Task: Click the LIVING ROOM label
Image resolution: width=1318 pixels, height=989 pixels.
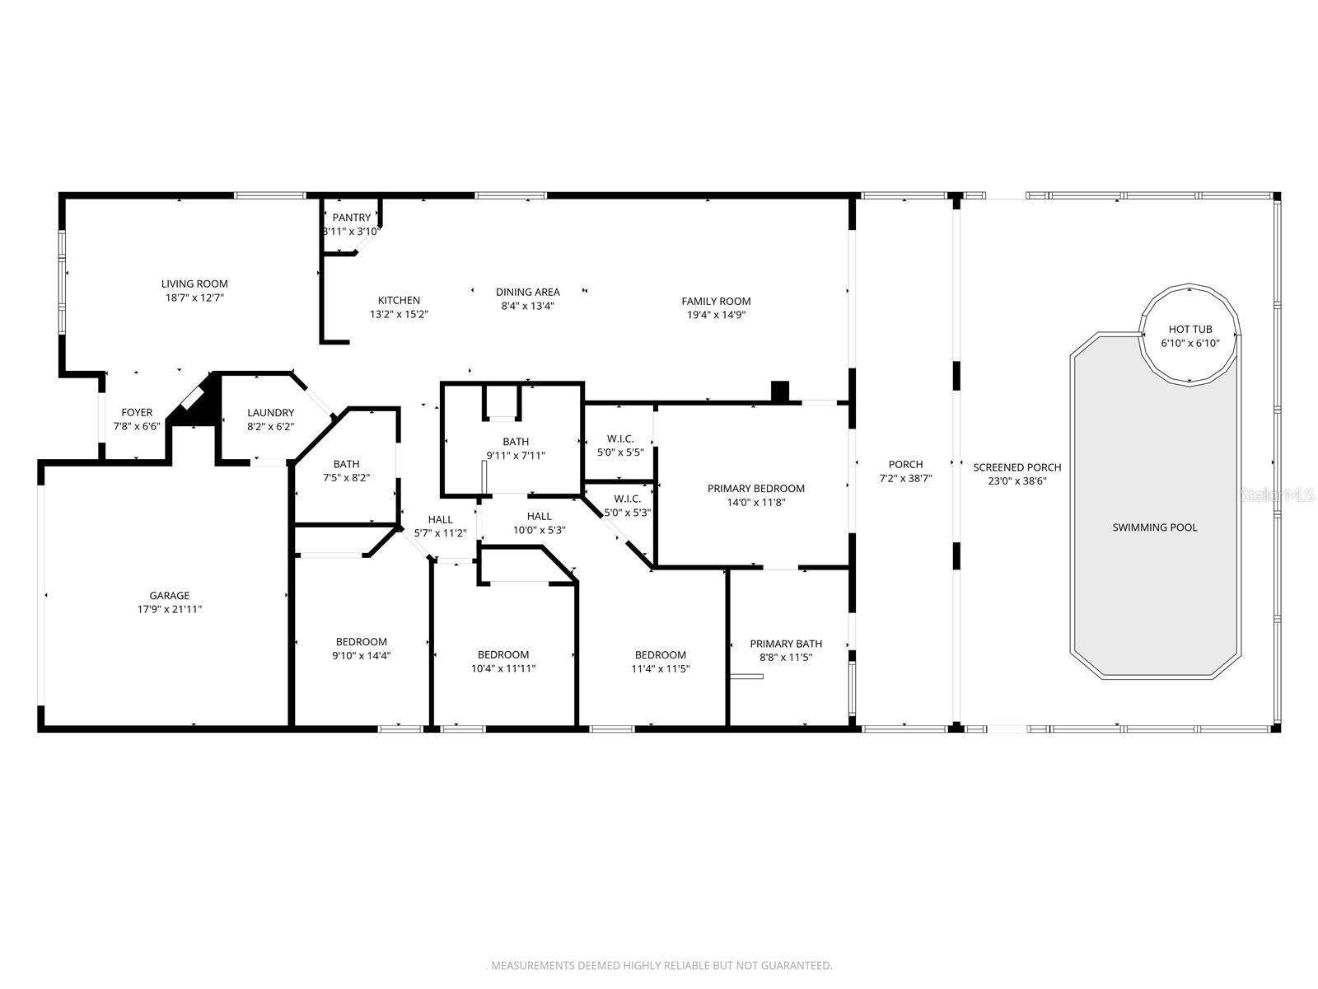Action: coord(194,284)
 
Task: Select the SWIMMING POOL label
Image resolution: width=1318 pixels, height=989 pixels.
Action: coord(1154,527)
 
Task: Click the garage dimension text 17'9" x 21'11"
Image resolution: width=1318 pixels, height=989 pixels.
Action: coord(170,609)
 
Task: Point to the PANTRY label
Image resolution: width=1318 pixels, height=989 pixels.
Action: coord(352,218)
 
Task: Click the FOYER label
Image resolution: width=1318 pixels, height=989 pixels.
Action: coord(137,412)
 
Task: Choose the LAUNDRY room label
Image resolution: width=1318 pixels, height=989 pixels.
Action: coord(270,412)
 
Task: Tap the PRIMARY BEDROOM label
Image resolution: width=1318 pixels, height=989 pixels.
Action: coord(755,488)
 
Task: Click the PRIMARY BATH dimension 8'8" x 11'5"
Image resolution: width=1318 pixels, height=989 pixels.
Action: coord(786,658)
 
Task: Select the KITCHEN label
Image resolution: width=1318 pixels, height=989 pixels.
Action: coord(399,300)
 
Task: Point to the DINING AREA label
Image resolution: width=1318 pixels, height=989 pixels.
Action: coord(527,292)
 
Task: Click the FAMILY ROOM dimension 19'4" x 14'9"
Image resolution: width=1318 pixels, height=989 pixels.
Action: coord(716,315)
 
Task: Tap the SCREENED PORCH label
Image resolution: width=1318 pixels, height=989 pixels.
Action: coord(1017,467)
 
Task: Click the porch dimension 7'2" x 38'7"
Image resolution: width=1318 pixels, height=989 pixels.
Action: coord(905,478)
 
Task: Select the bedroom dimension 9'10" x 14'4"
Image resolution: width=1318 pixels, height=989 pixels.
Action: coord(361,656)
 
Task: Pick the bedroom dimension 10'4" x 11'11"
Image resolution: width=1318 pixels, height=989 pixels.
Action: coord(503,668)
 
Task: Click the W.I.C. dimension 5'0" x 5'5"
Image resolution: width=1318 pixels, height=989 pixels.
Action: coord(619,452)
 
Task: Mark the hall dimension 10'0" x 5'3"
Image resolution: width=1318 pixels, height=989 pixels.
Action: coord(539,530)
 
